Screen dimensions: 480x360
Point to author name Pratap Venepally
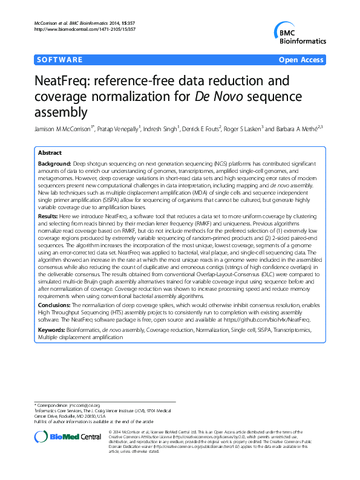(119, 129)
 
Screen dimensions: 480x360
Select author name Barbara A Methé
(296, 129)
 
